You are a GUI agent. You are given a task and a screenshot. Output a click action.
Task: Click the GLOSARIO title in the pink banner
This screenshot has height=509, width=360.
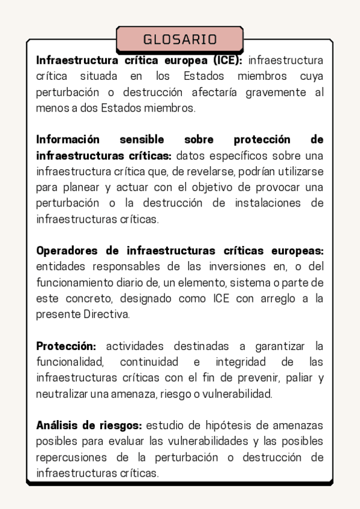click(179, 40)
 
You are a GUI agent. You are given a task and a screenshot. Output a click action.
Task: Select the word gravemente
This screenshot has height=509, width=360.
click(274, 92)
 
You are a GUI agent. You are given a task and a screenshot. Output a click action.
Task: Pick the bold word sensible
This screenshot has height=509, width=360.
click(142, 139)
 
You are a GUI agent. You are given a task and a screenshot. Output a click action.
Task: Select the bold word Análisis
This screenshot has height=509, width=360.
click(58, 426)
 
